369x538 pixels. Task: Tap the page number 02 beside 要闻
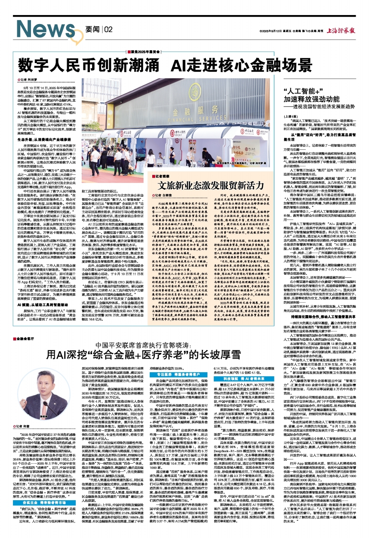tap(105, 29)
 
